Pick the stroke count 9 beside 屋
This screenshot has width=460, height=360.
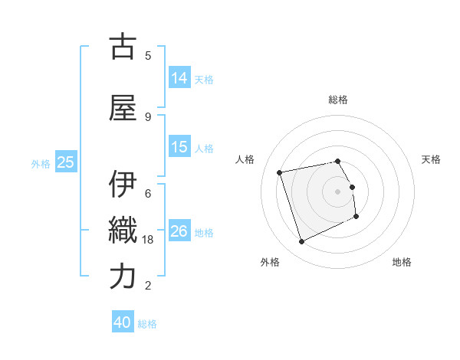point(148,116)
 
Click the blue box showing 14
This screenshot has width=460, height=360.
point(179,77)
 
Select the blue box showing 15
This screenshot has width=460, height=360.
point(179,147)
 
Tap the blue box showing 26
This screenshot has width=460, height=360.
point(179,231)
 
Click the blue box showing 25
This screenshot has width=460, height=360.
point(65,162)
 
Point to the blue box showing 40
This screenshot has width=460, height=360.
point(123,322)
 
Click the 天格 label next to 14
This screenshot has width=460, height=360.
point(204,79)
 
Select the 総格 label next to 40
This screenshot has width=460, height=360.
point(147,324)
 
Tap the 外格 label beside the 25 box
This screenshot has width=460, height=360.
point(41,163)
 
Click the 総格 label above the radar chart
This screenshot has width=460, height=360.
point(338,100)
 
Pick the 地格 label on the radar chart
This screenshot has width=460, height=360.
point(402,263)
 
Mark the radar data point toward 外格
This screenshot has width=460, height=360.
point(301,242)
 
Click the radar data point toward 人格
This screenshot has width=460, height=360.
point(280,172)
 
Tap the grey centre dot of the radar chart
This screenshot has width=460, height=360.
point(338,191)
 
